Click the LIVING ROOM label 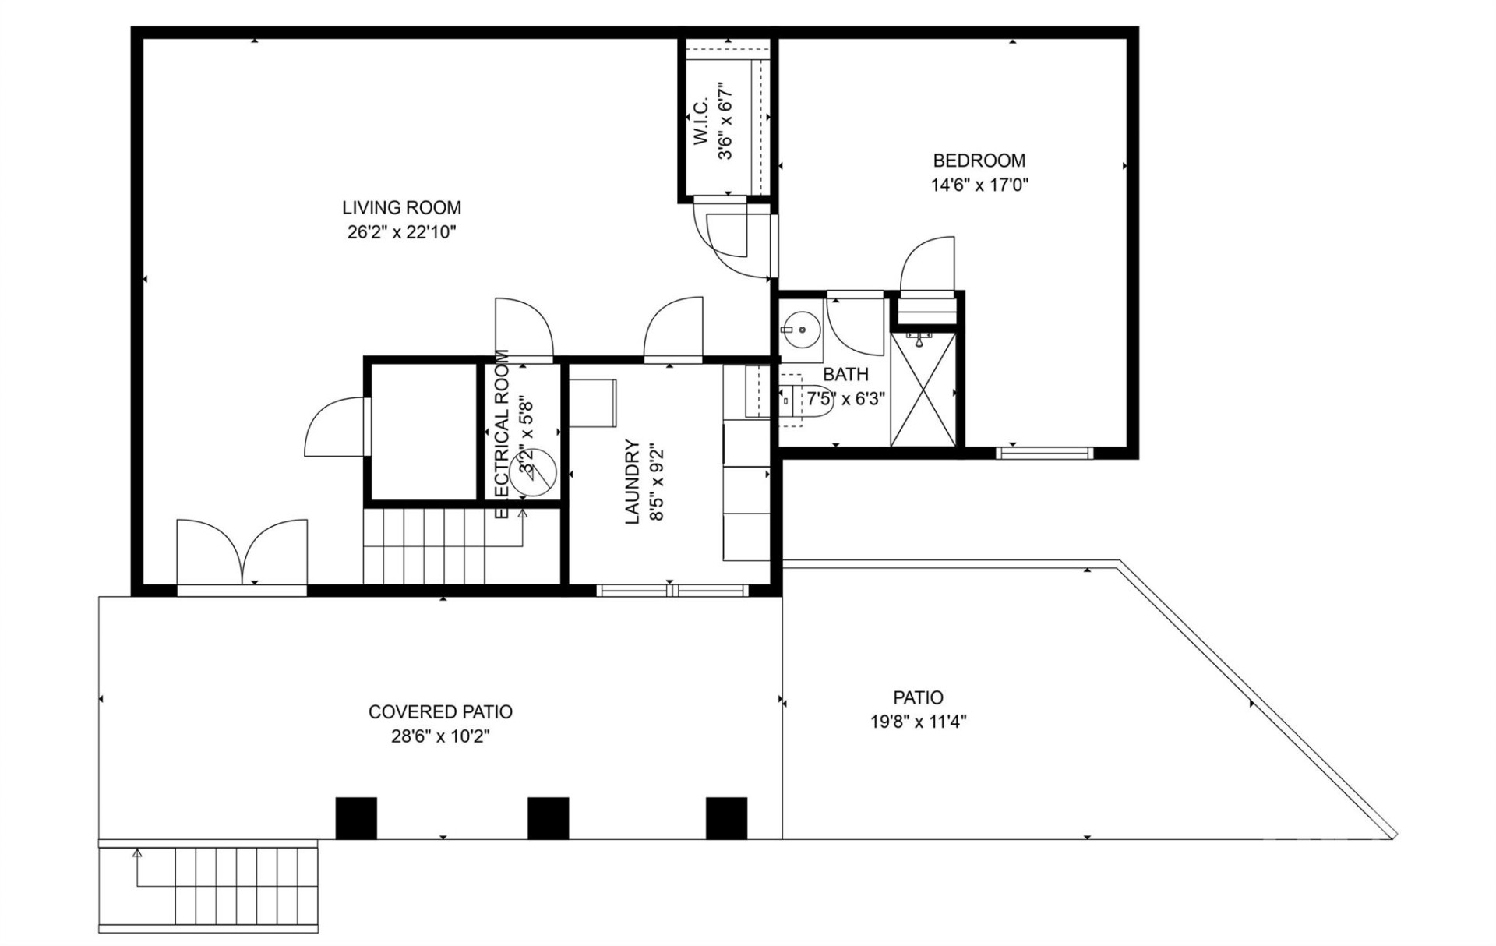click(401, 207)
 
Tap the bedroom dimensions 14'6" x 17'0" click(979, 185)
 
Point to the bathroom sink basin click(801, 330)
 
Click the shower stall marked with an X click(923, 390)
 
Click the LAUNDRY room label click(632, 482)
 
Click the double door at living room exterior click(242, 553)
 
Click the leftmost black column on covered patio click(356, 818)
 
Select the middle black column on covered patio click(548, 818)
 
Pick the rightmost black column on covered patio click(726, 818)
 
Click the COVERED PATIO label click(440, 711)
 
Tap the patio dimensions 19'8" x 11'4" click(918, 722)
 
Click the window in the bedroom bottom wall click(1045, 453)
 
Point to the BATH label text click(845, 374)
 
